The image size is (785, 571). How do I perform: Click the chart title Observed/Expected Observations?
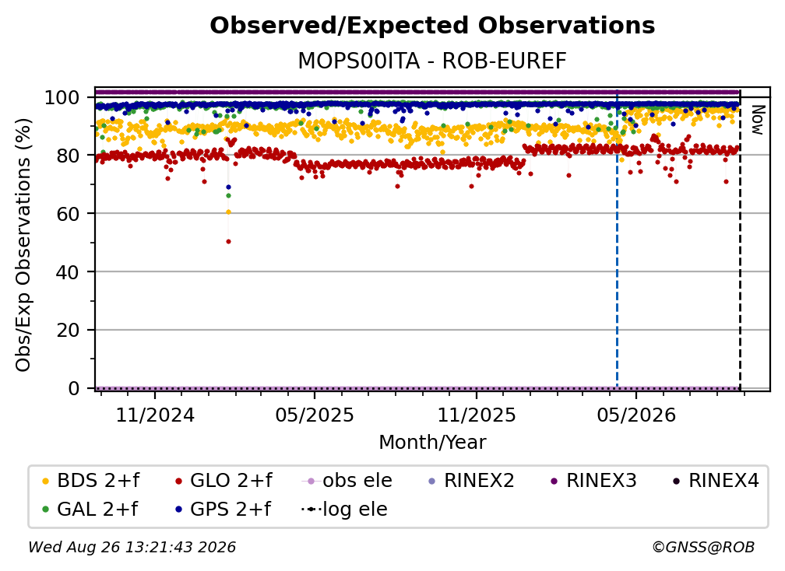tap(432, 26)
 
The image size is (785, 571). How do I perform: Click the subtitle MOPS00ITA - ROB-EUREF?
tap(432, 61)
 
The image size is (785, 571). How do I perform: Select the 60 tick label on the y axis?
tap(68, 214)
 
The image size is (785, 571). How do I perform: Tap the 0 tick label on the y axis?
tap(74, 388)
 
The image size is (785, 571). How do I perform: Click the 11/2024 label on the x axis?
tap(155, 415)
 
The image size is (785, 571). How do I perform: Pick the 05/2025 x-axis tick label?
tap(315, 415)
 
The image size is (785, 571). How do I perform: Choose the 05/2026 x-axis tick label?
tap(636, 415)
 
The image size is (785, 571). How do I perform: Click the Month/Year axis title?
tap(432, 443)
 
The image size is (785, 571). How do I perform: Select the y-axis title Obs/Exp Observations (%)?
tap(23, 245)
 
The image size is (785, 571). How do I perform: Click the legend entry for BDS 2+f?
tap(90, 481)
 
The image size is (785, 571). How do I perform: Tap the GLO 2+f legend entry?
tap(224, 481)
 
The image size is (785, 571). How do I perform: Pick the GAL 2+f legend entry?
tap(90, 510)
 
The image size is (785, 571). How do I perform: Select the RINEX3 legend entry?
tap(593, 481)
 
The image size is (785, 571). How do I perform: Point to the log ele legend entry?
tap(344, 510)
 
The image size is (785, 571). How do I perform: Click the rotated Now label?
tap(758, 120)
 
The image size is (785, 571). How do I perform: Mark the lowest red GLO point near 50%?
tap(229, 242)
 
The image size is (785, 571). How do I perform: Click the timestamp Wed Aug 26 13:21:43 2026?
tap(132, 548)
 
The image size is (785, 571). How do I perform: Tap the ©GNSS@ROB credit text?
tap(703, 548)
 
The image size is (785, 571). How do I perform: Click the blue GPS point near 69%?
tap(229, 187)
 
